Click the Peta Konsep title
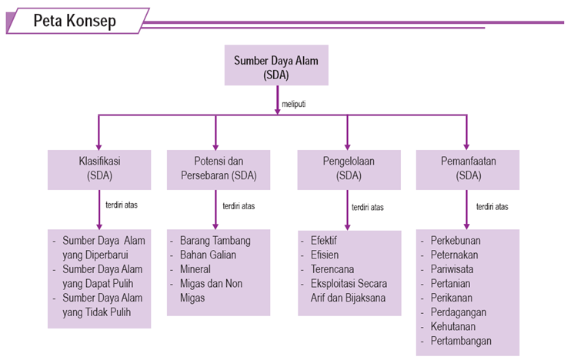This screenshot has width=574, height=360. [x=75, y=22]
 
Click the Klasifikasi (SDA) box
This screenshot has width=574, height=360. [x=99, y=169]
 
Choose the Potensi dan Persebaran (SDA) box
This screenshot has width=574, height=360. [x=218, y=169]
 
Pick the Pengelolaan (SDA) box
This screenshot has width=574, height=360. [x=349, y=169]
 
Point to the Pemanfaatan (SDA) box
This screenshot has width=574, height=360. [x=467, y=169]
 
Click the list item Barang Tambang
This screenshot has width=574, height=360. [x=215, y=241]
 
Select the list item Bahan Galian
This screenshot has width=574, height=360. [x=208, y=255]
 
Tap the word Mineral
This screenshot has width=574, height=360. [x=195, y=269]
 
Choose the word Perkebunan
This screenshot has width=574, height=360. [x=452, y=241]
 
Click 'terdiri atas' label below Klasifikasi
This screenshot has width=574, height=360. [x=121, y=205]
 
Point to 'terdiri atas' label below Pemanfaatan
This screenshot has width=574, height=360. [x=492, y=206]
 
